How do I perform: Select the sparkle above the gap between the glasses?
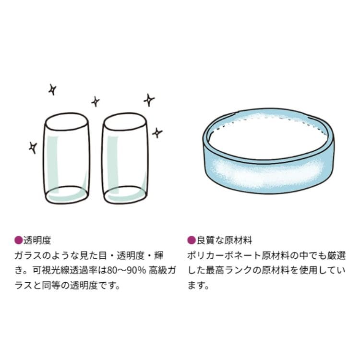[96, 101]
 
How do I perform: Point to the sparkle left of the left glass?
[33, 147]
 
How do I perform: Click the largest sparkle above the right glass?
[149, 100]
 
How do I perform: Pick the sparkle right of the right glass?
[157, 132]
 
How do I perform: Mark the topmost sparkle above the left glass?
[52, 89]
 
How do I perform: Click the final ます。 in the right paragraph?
[198, 286]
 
